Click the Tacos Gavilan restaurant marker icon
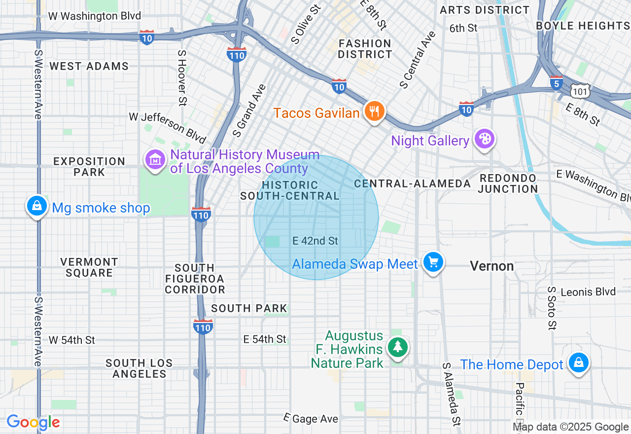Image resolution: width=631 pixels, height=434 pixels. click(x=375, y=111)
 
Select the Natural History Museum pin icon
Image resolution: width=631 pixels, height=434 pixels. click(x=155, y=160)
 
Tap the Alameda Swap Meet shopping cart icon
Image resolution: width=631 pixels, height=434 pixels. click(x=433, y=262)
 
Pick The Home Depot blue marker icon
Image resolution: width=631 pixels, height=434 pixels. click(x=578, y=363)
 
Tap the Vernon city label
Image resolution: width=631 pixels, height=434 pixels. click(x=491, y=266)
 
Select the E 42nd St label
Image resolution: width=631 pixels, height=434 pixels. click(x=315, y=241)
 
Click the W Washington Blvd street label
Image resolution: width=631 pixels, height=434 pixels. click(x=94, y=16)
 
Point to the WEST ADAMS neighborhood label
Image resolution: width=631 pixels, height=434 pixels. click(x=89, y=66)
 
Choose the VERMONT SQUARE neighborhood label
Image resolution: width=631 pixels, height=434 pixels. click(x=89, y=267)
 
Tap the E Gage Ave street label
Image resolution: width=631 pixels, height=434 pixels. click(x=312, y=418)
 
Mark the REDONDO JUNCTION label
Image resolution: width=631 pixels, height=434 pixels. click(x=508, y=183)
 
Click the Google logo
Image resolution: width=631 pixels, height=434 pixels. click(x=34, y=422)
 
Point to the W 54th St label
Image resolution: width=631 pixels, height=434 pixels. click(x=72, y=340)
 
